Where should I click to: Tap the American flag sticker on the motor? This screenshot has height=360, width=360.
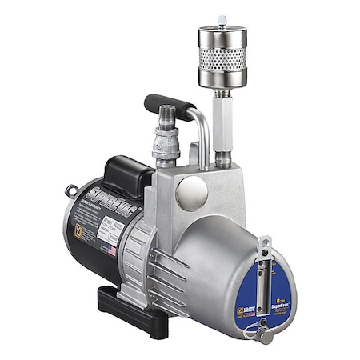[110, 250]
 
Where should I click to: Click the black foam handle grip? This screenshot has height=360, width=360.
[170, 103]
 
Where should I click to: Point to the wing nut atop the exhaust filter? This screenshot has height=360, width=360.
[222, 21]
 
